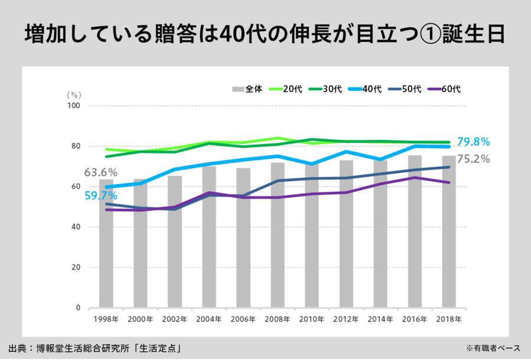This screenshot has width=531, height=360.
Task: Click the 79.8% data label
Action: pyautogui.click(x=473, y=142)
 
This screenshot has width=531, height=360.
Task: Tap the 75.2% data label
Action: pyautogui.click(x=473, y=159)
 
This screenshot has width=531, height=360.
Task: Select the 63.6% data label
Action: pyautogui.click(x=101, y=173)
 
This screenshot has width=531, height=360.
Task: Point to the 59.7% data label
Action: pyautogui.click(x=101, y=196)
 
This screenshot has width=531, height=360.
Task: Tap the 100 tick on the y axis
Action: pyautogui.click(x=74, y=106)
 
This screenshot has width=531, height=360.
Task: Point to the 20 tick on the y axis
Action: pyautogui.click(x=76, y=267)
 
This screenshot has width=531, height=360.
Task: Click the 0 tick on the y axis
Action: pyautogui.click(x=78, y=308)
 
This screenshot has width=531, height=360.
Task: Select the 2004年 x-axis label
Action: pyautogui.click(x=209, y=319)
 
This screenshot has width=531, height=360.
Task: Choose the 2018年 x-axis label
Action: pyautogui.click(x=449, y=319)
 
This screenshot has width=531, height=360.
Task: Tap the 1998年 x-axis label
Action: pyautogui.click(x=106, y=319)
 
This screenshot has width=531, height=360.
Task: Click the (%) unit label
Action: pyautogui.click(x=73, y=94)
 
